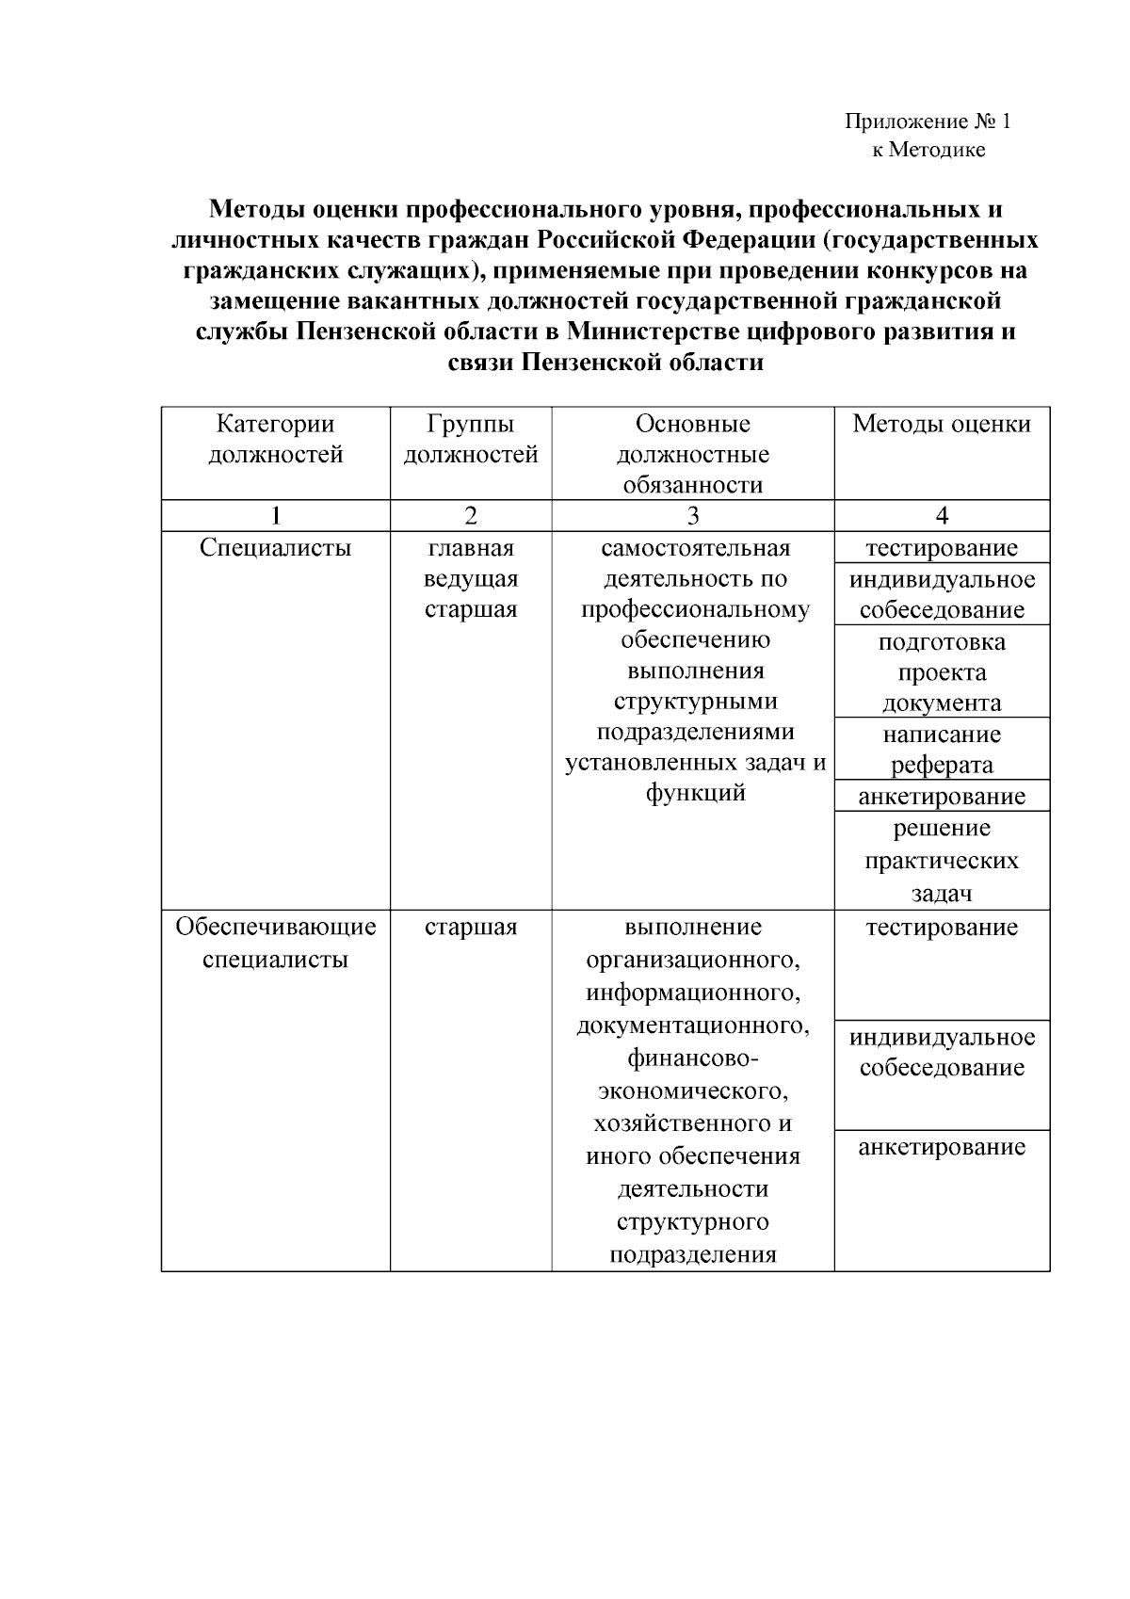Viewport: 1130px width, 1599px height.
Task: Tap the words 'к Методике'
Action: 928,150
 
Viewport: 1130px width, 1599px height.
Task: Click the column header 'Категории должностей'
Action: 275,440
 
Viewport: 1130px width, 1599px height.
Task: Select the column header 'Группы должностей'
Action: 470,440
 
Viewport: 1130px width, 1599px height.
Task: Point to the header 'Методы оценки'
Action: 942,424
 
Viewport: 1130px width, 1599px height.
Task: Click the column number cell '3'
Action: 693,515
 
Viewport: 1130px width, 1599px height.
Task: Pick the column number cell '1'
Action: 275,515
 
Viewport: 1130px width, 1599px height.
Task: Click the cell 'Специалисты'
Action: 275,548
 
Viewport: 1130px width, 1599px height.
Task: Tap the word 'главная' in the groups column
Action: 470,548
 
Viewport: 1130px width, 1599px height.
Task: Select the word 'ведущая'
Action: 470,578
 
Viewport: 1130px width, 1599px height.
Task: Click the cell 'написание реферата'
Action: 942,750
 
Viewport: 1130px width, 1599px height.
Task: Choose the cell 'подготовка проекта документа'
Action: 942,672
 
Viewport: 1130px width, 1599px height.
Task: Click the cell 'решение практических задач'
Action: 942,861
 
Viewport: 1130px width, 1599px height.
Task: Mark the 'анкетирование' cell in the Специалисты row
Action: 942,797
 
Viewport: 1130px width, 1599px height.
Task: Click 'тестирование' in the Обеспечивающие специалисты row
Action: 942,928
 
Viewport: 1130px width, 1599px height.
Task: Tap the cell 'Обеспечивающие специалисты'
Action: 275,944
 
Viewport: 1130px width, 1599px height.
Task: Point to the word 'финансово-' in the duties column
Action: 693,1058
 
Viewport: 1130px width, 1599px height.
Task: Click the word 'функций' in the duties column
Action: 693,793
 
